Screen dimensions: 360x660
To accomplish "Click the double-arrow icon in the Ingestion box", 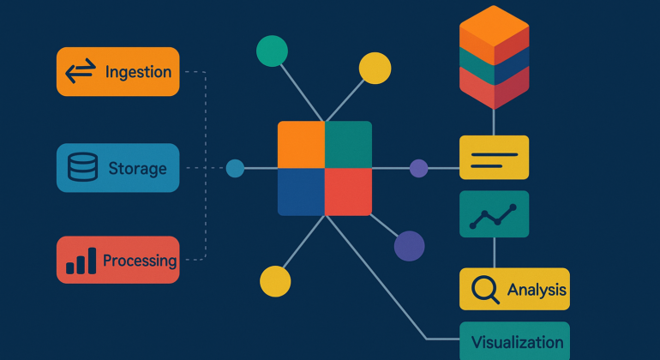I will click(80, 72).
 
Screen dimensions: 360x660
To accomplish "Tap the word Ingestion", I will click(138, 72).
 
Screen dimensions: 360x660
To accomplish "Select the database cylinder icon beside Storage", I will click(82, 168).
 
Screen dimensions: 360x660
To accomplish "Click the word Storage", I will click(137, 168).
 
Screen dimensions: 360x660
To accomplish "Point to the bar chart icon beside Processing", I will click(81, 261).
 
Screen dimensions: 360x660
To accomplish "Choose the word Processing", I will click(140, 261).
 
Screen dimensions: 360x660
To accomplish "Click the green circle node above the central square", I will click(272, 51).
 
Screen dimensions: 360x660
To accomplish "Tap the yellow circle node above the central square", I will click(375, 68).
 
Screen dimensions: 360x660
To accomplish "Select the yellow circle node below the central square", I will click(275, 280).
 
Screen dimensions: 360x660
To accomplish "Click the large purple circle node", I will click(409, 246).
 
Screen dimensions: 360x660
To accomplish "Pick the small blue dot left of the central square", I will click(235, 168).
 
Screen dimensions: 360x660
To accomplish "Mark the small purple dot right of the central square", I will click(418, 168).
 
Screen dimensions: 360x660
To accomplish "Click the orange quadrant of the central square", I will click(301, 144).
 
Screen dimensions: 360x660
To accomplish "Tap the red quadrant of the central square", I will click(348, 191).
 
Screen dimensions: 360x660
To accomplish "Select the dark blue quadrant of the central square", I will click(301, 191).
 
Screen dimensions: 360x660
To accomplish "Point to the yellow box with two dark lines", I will click(494, 158).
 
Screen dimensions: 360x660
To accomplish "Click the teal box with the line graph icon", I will click(494, 214).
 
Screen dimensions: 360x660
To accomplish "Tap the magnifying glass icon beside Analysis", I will click(485, 290).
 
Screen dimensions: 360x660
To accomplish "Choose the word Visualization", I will click(517, 342).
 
